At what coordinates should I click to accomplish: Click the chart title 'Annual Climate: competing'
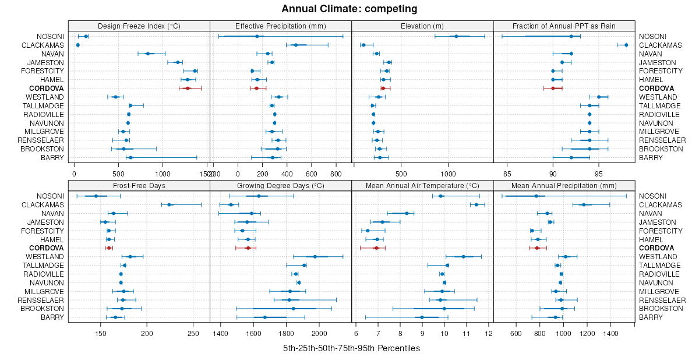point(349,9)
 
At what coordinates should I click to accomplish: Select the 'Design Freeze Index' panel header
point(139,26)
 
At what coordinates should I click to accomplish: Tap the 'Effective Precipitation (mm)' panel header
point(280,26)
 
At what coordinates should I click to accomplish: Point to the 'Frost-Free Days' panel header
point(139,186)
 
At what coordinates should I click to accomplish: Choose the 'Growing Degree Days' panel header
point(280,186)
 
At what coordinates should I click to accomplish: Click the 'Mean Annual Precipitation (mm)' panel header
point(564,186)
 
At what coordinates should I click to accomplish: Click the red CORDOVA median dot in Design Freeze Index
point(188,88)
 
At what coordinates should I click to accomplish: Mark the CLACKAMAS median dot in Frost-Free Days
point(169,204)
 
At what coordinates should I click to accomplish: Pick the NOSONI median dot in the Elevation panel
point(456,36)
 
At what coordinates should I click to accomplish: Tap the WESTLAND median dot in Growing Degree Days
point(315,256)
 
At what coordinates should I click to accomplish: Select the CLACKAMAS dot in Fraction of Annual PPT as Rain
point(626,45)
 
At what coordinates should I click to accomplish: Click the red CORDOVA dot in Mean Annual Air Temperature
point(376,248)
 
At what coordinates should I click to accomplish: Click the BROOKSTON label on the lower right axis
point(661,308)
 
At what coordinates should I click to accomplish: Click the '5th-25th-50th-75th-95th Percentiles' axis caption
point(351,348)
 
